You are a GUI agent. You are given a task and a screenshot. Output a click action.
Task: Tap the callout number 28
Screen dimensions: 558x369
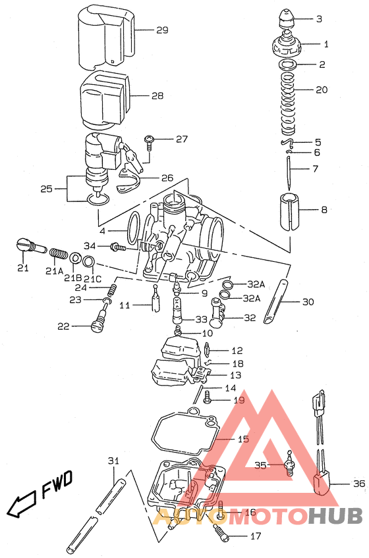pos(157,95)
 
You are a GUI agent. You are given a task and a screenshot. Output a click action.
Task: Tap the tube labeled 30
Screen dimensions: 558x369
pos(277,302)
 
